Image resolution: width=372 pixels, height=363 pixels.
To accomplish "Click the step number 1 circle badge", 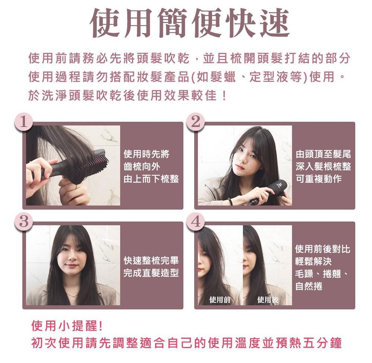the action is tap(23, 122).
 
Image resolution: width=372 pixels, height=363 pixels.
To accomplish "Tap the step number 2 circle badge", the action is tap(196, 122).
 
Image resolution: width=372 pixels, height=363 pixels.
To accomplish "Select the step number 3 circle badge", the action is tap(23, 222).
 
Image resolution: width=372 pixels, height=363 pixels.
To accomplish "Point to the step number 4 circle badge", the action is tap(196, 222).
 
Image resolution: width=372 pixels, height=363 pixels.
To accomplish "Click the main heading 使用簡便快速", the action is tap(190, 23).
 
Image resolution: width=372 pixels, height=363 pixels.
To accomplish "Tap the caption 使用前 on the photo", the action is tap(220, 300).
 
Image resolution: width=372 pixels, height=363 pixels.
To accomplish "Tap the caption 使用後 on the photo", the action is tap(268, 300).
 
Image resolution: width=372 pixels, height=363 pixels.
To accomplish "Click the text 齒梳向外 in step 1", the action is tap(142, 167).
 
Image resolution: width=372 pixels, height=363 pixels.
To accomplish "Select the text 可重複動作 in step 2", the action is tap(319, 179).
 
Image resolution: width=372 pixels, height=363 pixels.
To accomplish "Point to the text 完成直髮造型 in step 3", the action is tap(151, 273).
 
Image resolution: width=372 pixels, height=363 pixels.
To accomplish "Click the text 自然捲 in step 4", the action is tap(309, 286).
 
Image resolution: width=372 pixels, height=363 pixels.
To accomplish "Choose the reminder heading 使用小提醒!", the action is tap(67, 325).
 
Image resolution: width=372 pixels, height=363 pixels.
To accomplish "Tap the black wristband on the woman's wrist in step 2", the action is tap(230, 201).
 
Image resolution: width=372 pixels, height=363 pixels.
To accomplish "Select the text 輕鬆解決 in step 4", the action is tap(313, 261).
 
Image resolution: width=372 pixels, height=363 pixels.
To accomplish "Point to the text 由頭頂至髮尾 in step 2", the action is tap(323, 154).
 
